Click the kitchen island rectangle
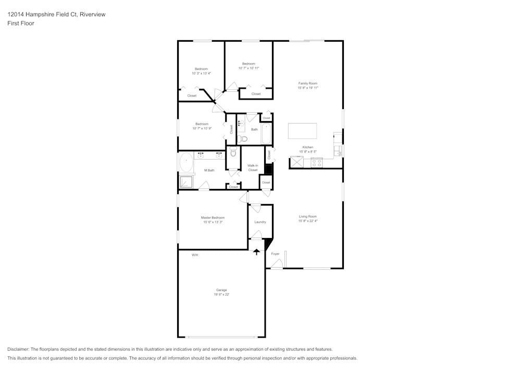click(303, 130)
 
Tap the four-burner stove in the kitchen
click(316, 162)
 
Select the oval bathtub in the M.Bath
click(186, 163)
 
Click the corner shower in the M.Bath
click(186, 181)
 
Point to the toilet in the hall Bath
click(242, 139)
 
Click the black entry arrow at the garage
click(256, 252)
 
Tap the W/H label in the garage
click(195, 255)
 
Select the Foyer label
click(275, 254)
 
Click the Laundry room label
click(260, 222)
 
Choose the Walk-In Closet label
click(253, 168)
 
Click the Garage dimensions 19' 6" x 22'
click(221, 294)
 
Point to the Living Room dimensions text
click(307, 221)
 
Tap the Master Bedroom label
click(213, 217)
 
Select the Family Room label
click(307, 84)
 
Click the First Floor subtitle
click(21, 23)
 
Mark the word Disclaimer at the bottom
click(18, 349)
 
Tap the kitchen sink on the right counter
click(338, 151)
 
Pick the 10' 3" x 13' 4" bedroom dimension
click(201, 74)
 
